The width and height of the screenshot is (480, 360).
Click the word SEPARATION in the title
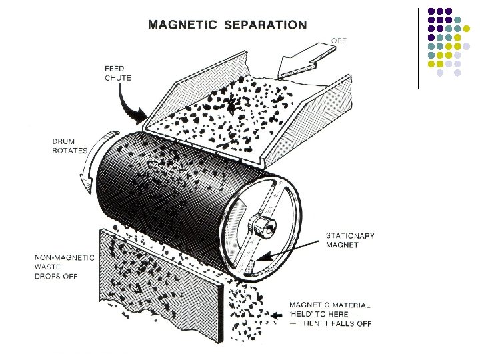click(x=267, y=25)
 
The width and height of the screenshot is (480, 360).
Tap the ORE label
click(x=339, y=41)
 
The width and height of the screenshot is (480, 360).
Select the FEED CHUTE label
click(x=117, y=73)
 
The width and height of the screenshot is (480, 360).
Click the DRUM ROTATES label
click(x=69, y=146)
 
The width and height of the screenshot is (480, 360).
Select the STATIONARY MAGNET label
click(x=350, y=240)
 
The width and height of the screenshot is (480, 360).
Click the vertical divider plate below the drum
click(x=160, y=280)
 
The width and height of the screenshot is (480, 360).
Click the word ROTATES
click(x=69, y=151)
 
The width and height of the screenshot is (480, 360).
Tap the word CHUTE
click(x=117, y=78)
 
